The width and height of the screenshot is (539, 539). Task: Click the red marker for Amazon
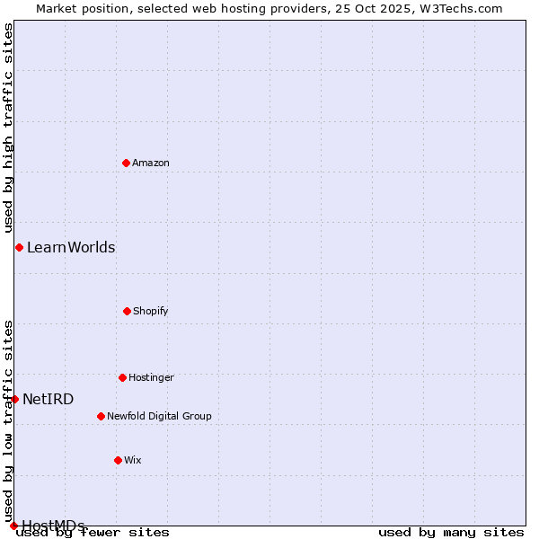coord(126,163)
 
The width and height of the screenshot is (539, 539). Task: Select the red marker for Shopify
coord(127,311)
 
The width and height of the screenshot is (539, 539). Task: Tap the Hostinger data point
coord(122,377)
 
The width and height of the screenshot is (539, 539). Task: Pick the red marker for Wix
coord(118,460)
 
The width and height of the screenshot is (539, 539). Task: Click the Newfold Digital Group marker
coord(101,416)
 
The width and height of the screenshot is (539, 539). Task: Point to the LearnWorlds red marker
coord(19,247)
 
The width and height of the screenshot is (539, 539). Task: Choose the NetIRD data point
coord(14,399)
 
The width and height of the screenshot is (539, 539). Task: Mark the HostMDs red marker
coord(13,526)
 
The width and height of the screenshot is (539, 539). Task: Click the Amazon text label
coord(151,163)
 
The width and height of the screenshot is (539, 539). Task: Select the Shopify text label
coord(151,311)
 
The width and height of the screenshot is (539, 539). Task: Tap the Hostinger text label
coord(151,377)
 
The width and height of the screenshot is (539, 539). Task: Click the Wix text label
coord(133,460)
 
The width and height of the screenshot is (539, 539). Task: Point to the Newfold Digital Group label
coord(159,416)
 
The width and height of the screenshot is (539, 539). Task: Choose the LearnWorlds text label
coord(71,247)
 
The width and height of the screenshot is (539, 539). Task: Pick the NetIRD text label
coord(49,399)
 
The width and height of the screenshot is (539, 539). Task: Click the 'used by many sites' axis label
coord(451,532)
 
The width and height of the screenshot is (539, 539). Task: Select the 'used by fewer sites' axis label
coord(93,532)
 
